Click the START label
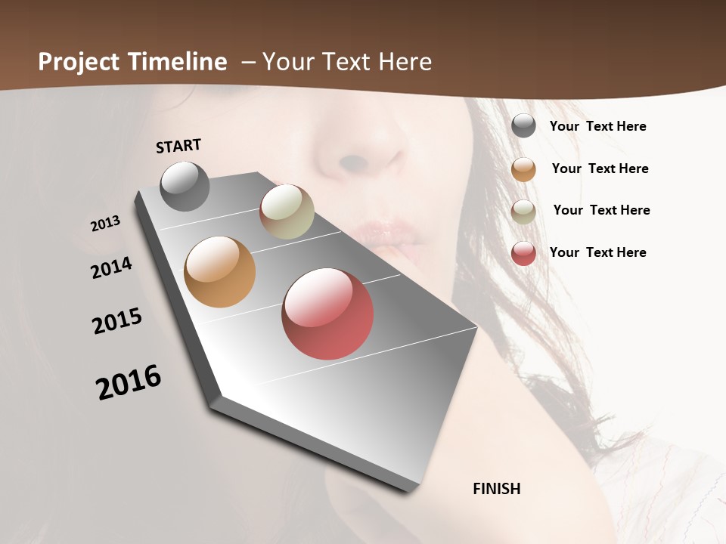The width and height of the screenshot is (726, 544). (x=178, y=146)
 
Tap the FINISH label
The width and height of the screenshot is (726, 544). (x=496, y=489)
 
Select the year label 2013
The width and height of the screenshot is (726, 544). (x=105, y=224)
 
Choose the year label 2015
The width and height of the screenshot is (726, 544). (x=117, y=321)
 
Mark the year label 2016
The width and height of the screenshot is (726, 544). (x=129, y=382)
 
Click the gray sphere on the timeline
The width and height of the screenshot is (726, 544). (x=185, y=186)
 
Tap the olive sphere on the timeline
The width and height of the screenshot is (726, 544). (x=287, y=212)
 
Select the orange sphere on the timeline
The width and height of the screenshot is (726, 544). (x=220, y=272)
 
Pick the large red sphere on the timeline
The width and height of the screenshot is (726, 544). (x=327, y=314)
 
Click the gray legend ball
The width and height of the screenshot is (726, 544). (x=523, y=125)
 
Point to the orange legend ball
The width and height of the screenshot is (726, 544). (x=523, y=168)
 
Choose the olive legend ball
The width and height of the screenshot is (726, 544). (x=523, y=211)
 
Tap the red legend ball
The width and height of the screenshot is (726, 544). (x=523, y=252)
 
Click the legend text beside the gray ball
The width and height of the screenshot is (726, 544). (x=597, y=126)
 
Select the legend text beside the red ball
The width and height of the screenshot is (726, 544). (x=597, y=252)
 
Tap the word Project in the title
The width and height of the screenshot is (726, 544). (x=79, y=62)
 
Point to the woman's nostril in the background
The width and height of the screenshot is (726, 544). (x=352, y=162)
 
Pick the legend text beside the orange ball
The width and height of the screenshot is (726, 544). (x=600, y=168)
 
